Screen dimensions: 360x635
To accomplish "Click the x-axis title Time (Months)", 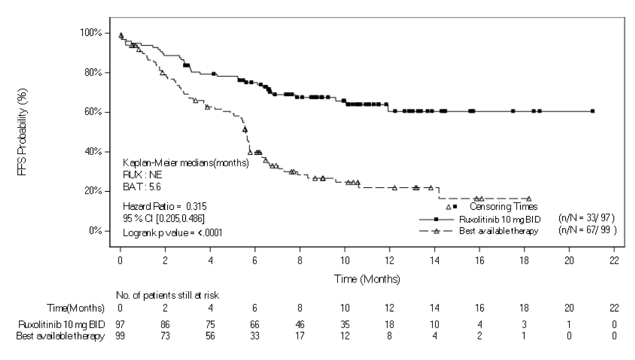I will point(367,279).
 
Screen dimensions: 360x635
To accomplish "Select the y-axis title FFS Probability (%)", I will point(22,132).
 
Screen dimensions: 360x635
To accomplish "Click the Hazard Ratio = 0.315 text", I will point(164,206).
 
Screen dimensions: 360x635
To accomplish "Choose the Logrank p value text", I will point(172,233).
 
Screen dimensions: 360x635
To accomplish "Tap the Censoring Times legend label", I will point(503,206).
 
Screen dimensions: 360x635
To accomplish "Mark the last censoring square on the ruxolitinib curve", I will point(592,111).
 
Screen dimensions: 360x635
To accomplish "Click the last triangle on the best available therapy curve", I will point(528,199).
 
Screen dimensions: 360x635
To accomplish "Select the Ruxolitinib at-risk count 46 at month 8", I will point(300,324).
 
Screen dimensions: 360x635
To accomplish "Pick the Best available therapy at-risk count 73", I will point(165,336).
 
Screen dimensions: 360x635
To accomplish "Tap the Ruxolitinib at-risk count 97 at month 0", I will point(120,324).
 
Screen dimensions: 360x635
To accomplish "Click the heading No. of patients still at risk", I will point(167,295).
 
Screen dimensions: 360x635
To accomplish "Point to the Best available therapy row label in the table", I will point(60,336).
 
